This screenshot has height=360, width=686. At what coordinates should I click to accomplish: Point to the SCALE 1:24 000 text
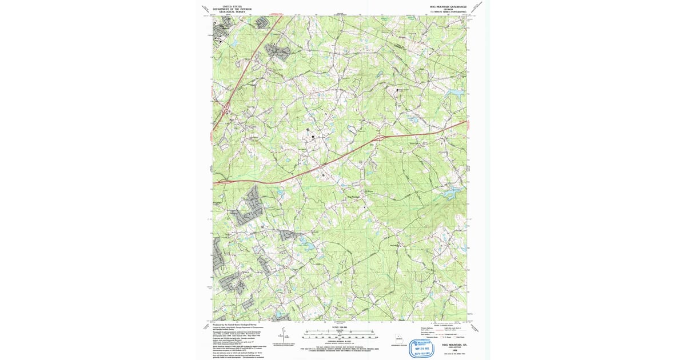point(340,327)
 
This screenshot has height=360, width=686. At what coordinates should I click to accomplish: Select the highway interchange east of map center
point(379,137)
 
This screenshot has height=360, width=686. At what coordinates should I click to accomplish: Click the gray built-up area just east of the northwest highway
point(279,51)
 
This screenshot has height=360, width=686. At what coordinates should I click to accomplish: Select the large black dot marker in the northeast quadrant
point(398,90)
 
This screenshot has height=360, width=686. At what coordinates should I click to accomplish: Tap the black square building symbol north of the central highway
point(313,137)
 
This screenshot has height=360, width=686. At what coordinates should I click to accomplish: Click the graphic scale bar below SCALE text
point(340,336)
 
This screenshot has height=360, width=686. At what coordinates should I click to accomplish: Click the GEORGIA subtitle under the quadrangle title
point(448,10)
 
